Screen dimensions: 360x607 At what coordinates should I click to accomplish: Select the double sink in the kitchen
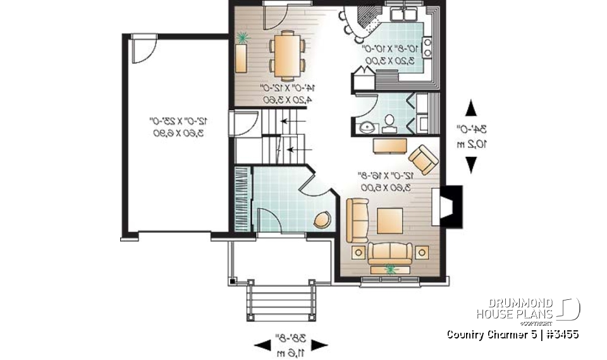(402, 13)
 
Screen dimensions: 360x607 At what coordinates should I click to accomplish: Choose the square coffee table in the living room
(389, 221)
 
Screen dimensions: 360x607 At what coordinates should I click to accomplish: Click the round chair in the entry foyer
(322, 219)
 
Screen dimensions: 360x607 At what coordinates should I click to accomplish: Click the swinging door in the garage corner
(145, 49)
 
